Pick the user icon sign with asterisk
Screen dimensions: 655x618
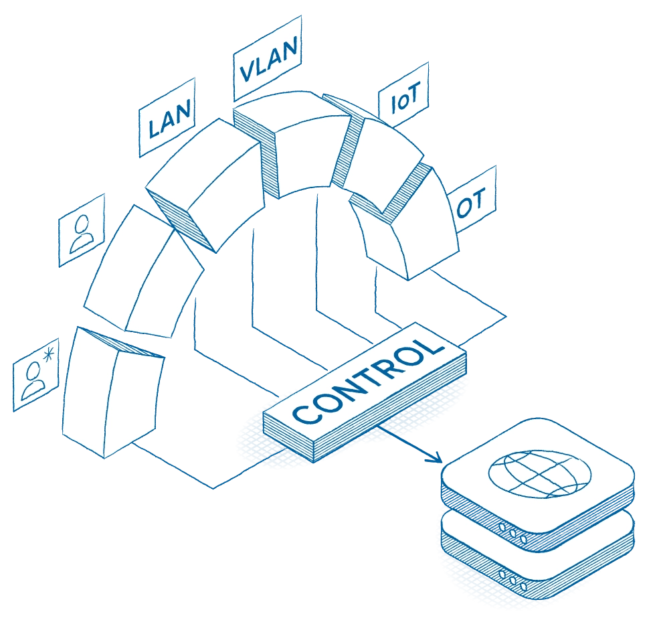pos(36,375)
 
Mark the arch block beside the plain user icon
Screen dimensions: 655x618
pos(144,275)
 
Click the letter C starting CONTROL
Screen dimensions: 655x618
pos(302,415)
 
